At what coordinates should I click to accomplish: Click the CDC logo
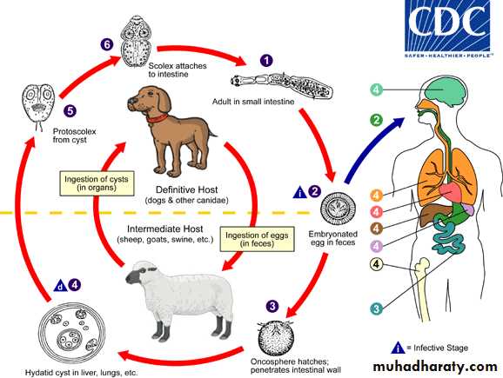pyautogui.click(x=447, y=29)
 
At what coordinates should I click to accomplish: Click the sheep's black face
pyautogui.click(x=135, y=275)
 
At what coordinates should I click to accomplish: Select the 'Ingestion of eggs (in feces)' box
pyautogui.click(x=257, y=239)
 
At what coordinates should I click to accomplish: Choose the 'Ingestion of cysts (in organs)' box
pyautogui.click(x=97, y=183)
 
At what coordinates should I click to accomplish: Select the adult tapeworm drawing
pyautogui.click(x=282, y=85)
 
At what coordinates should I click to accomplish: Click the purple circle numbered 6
pyautogui.click(x=106, y=44)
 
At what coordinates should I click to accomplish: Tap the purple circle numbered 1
pyautogui.click(x=266, y=60)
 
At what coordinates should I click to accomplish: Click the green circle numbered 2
pyautogui.click(x=376, y=120)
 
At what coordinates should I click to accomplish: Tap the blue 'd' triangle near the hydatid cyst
pyautogui.click(x=60, y=286)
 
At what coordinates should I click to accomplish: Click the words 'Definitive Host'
pyautogui.click(x=187, y=190)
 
